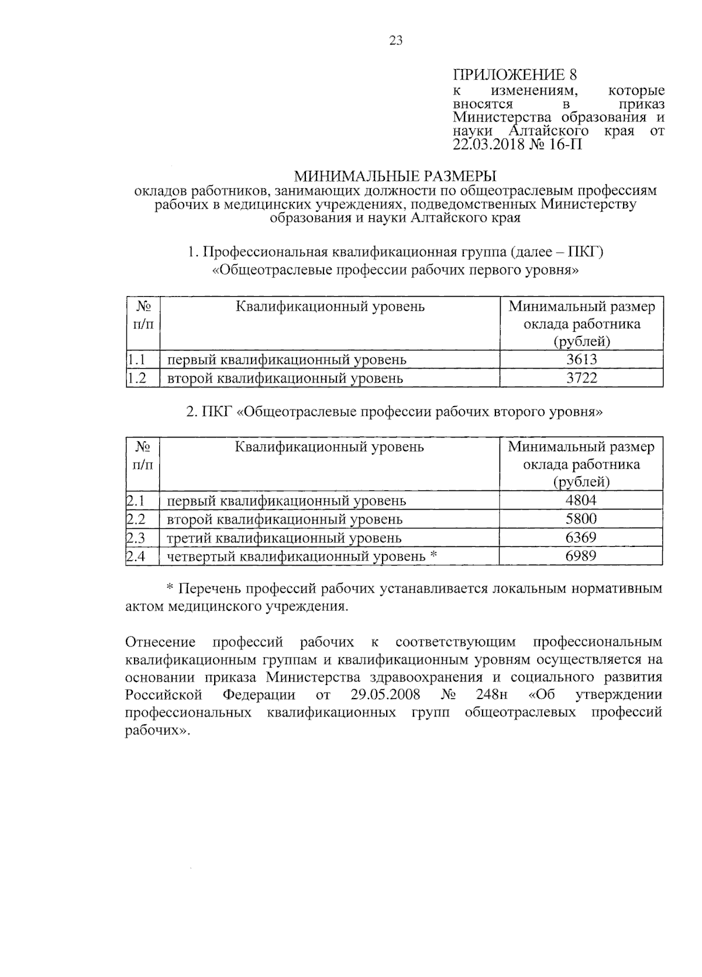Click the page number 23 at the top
click(395, 40)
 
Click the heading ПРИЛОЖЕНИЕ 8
click(515, 75)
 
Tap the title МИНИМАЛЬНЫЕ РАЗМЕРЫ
click(394, 176)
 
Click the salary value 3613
click(581, 359)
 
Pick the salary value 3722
click(581, 378)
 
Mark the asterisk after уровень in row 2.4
click(433, 555)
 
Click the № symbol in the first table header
click(143, 307)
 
